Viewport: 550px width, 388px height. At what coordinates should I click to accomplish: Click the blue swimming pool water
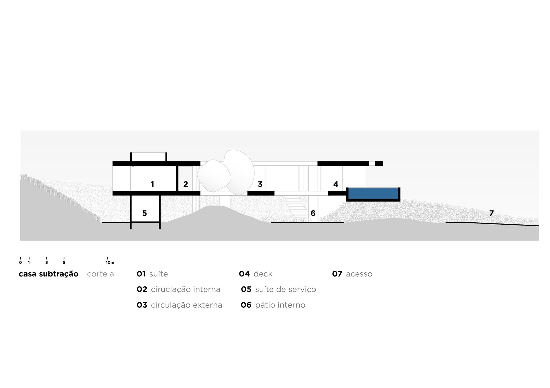pos(373,193)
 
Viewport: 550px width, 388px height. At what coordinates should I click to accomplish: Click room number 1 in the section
pos(152,184)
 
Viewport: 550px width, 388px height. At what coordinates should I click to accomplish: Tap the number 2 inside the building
pos(186,184)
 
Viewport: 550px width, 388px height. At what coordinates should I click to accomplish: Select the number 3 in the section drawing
pos(260,184)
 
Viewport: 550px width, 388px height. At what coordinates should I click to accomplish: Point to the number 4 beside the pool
pos(336,184)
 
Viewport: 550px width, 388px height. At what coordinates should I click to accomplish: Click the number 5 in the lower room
pos(144,213)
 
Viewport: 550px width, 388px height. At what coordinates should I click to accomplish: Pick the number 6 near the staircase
pos(313,213)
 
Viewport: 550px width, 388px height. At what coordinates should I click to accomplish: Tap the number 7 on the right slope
pos(491,213)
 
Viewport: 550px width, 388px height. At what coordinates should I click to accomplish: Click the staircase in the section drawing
pos(296,207)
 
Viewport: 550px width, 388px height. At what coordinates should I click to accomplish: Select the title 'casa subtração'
pos(48,274)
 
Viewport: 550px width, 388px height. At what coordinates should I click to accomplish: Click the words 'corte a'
pos(100,274)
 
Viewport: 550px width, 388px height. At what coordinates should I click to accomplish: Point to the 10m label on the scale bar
pos(110,262)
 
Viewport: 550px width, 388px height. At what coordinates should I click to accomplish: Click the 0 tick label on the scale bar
pos(20,262)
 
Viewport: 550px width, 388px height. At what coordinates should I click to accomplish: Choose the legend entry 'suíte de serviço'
pos(285,290)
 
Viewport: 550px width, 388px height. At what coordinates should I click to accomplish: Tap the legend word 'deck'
pos(263,274)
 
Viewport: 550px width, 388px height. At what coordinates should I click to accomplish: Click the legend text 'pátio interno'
pos(280,305)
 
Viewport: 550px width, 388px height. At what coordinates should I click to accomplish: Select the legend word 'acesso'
pos(359,274)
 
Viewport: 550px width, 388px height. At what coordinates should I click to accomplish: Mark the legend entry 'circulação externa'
pos(186,305)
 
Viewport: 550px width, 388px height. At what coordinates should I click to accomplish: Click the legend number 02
pos(142,290)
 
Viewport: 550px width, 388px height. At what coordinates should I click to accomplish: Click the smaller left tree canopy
pos(214,176)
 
